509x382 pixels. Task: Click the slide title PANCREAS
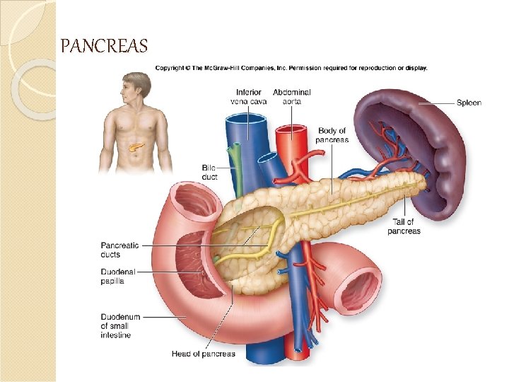tap(104, 47)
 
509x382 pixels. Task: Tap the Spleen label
tap(468, 103)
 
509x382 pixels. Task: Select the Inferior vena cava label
tap(249, 97)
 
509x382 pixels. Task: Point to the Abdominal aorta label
tap(291, 97)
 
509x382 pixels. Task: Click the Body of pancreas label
tap(333, 135)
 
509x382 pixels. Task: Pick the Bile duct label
tap(209, 172)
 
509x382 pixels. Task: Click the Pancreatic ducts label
tap(119, 250)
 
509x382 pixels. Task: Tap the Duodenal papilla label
tap(117, 275)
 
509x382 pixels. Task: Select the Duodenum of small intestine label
tap(120, 326)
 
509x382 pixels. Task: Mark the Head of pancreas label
tap(204, 354)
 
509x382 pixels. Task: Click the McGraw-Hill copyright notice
tap(291, 69)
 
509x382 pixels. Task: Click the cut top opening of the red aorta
tap(290, 131)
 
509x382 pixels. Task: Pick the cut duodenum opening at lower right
tap(360, 290)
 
